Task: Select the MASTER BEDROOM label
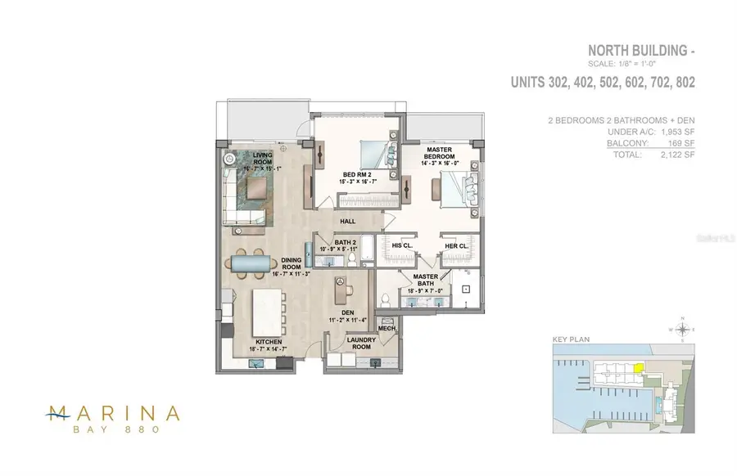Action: pyautogui.click(x=439, y=153)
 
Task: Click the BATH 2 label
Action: pyautogui.click(x=345, y=242)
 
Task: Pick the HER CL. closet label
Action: pyautogui.click(x=456, y=245)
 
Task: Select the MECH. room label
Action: pyautogui.click(x=387, y=328)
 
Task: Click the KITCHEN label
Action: pyautogui.click(x=269, y=342)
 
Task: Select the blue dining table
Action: pyautogui.click(x=253, y=263)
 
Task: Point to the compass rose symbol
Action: pyautogui.click(x=681, y=330)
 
